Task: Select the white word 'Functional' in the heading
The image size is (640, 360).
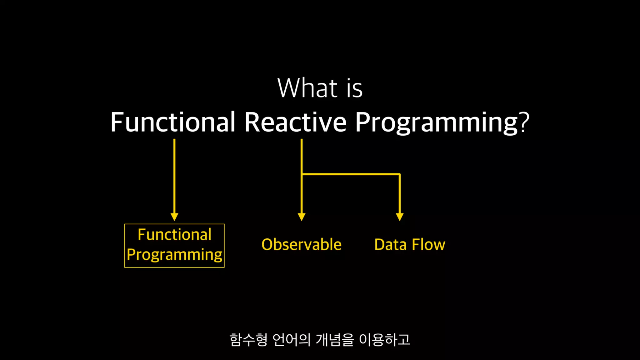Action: pyautogui.click(x=173, y=122)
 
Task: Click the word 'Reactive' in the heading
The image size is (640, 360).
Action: pyautogui.click(x=295, y=122)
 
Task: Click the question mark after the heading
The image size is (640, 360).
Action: pyautogui.click(x=524, y=122)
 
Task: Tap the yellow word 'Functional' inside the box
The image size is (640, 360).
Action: pyautogui.click(x=175, y=234)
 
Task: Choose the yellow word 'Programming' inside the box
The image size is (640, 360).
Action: pyautogui.click(x=174, y=255)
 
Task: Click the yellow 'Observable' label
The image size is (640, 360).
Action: pyautogui.click(x=302, y=244)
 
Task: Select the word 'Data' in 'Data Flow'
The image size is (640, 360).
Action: pyautogui.click(x=390, y=244)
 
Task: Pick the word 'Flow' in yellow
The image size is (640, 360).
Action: pyautogui.click(x=428, y=244)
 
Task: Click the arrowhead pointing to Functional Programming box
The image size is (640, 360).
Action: pyautogui.click(x=174, y=217)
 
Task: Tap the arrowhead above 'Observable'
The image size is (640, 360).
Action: pyautogui.click(x=302, y=217)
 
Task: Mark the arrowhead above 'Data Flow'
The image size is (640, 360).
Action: pyautogui.click(x=400, y=217)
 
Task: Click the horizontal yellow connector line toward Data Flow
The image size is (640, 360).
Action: pyautogui.click(x=351, y=174)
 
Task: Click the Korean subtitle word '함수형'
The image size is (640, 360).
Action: pyautogui.click(x=248, y=340)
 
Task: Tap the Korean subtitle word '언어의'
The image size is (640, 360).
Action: pyautogui.click(x=292, y=340)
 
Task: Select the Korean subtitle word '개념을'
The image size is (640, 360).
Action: pyautogui.click(x=335, y=340)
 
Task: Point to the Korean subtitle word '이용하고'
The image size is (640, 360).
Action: pyautogui.click(x=385, y=340)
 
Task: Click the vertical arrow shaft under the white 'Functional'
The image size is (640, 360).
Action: pyautogui.click(x=174, y=177)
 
